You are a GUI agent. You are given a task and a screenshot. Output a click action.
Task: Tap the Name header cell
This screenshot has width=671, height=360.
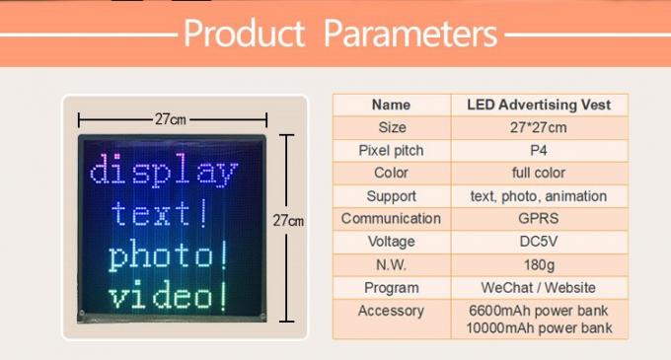pos(391,105)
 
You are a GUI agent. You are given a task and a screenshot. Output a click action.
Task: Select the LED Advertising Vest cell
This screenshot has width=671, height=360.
pos(538,105)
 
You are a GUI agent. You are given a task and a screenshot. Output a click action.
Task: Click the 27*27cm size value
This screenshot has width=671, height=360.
pos(538,127)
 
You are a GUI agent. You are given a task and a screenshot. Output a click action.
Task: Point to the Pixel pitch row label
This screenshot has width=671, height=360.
pos(391,150)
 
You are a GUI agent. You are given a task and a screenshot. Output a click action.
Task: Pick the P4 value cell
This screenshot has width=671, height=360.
pos(538,150)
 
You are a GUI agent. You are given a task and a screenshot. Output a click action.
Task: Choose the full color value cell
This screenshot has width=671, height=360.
pos(538,173)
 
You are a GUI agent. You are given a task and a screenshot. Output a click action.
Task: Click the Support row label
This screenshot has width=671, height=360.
pos(391,196)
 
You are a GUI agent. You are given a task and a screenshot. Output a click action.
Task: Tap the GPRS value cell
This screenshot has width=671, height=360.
pos(538,219)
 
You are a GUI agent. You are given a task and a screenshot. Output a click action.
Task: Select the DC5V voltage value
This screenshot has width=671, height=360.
pos(538,242)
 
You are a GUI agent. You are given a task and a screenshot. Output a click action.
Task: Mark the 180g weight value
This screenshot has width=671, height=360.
pos(538,264)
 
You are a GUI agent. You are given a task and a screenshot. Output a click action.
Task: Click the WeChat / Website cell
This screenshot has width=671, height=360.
pos(538,287)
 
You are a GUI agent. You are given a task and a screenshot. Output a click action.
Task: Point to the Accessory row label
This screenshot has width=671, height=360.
pos(391,311)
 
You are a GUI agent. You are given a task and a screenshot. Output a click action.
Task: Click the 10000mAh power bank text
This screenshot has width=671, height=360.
pos(539,327)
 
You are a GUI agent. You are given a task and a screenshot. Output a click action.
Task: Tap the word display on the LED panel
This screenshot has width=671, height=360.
pos(164,172)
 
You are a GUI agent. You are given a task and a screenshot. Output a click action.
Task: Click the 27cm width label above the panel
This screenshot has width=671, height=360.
pos(170,119)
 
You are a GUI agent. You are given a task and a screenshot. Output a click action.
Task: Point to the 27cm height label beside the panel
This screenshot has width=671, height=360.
pos(288,221)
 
